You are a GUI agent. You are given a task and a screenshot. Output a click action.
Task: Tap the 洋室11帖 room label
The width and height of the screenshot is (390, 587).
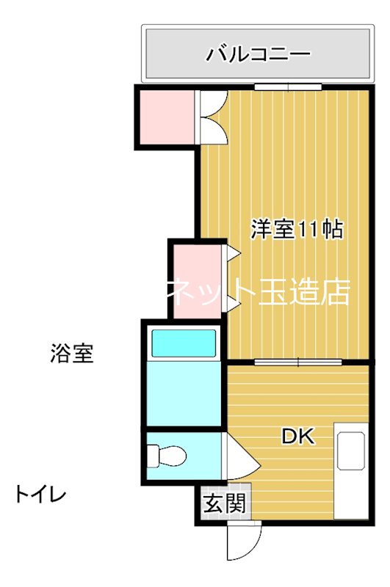(297, 230)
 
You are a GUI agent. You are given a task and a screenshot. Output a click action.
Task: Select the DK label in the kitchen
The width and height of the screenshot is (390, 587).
(298, 437)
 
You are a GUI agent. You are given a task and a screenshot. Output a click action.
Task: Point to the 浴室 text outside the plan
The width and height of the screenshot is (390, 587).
(72, 354)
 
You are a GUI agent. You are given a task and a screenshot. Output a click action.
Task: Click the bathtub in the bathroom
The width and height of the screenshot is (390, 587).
(183, 343)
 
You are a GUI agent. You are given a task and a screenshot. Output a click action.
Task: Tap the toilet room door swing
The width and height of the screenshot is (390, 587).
(242, 458)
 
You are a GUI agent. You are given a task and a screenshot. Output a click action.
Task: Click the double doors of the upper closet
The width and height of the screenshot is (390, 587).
(213, 117)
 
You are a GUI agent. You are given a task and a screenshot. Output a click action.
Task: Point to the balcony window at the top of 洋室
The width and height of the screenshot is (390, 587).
(288, 87)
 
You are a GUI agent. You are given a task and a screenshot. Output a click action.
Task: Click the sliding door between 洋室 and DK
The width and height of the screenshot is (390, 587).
(298, 362)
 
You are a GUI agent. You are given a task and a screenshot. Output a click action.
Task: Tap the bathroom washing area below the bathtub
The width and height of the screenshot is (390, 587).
(183, 396)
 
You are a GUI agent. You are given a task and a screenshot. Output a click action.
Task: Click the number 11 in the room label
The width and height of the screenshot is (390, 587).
(307, 230)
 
